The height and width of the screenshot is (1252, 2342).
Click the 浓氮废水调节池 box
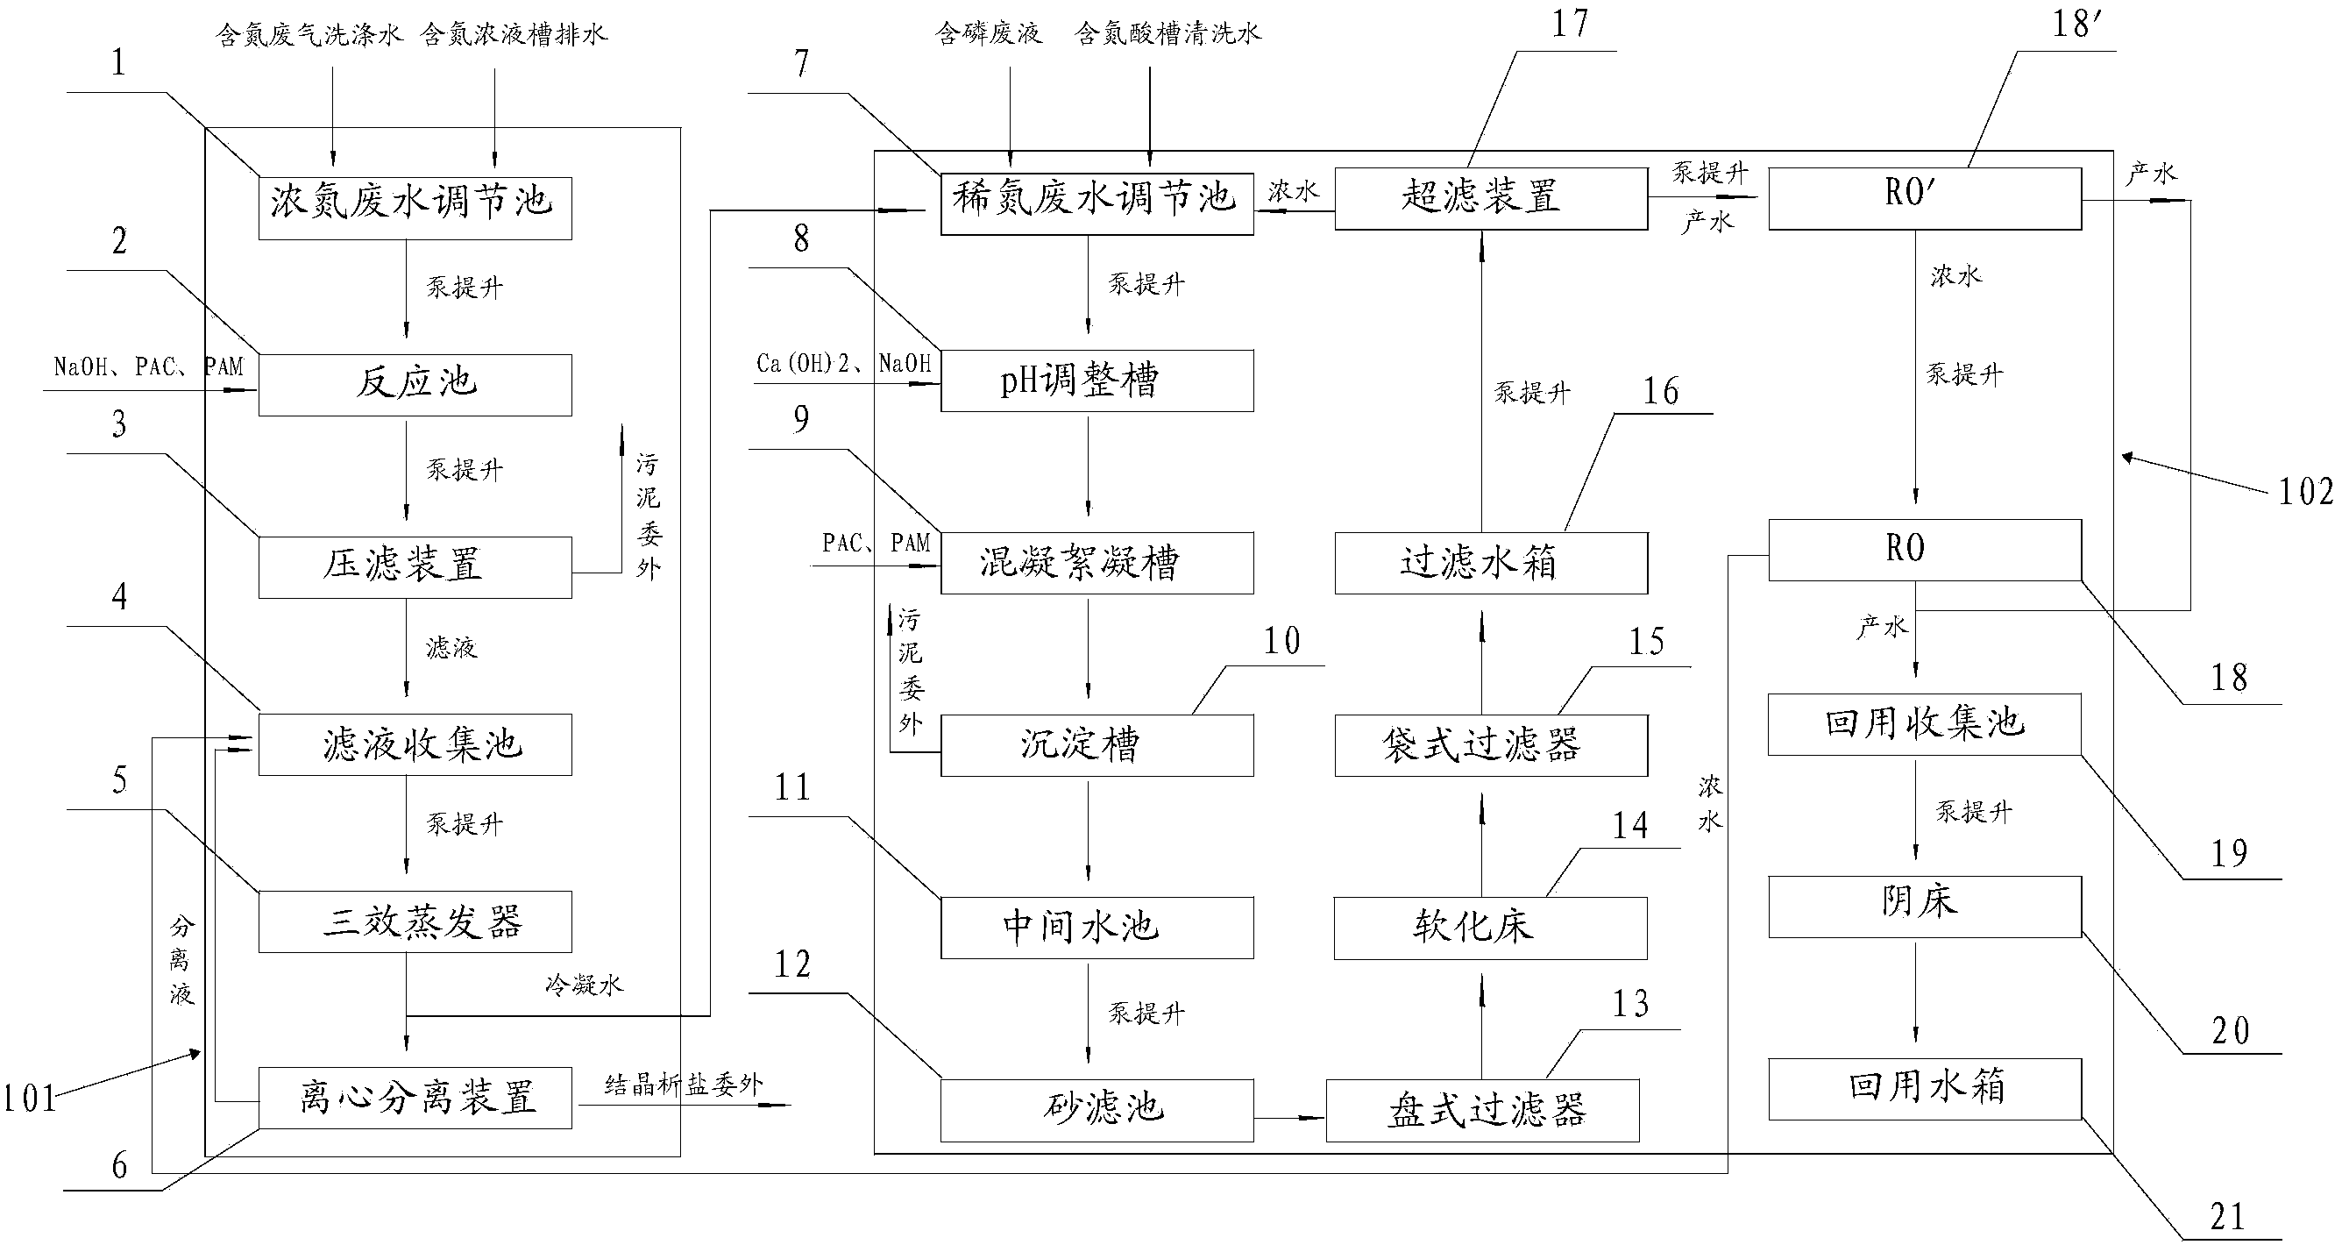pos(415,208)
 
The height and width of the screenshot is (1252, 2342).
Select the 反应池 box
pos(415,385)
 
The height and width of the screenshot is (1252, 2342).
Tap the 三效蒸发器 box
pos(415,921)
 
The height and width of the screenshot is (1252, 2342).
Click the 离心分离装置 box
pos(415,1098)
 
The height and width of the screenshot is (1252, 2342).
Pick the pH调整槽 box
pos(1096,380)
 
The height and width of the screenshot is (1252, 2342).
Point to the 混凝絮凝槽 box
pos(1096,563)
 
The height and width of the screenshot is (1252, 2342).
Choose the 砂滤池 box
pos(1096,1109)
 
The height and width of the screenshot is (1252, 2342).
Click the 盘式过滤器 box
pos(1482,1109)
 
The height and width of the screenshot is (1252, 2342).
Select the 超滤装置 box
pos(1490,198)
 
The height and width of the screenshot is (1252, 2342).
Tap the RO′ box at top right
pos(1924,198)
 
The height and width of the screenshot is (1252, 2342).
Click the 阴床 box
pos(1924,906)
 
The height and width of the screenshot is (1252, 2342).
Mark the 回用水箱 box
pos(1924,1088)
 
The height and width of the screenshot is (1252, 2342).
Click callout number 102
pos(2304,492)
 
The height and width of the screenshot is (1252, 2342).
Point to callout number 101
pos(29,1099)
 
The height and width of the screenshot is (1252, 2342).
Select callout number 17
pos(1569,25)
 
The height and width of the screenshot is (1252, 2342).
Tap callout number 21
pos(2227,1217)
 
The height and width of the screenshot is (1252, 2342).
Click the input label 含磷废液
pos(989,34)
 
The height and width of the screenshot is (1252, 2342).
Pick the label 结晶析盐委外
pos(684,1085)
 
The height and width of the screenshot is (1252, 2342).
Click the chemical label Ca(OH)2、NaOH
pos(844,364)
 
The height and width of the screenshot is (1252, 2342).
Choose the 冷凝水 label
pos(584,985)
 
